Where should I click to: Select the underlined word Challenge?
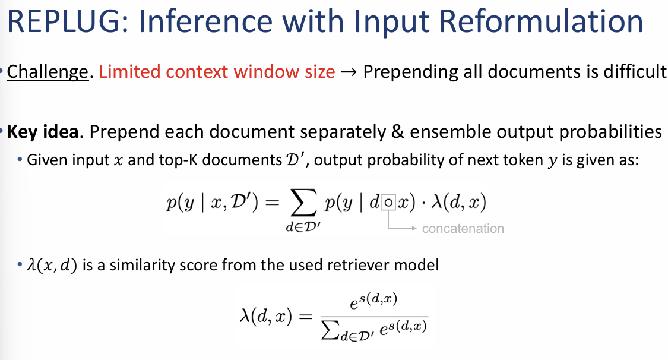pyautogui.click(x=48, y=72)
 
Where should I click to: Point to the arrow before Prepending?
pyautogui.click(x=349, y=72)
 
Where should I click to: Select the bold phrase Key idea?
pyautogui.click(x=43, y=131)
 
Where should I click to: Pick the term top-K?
pyautogui.click(x=182, y=160)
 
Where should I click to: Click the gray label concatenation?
pyautogui.click(x=463, y=229)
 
